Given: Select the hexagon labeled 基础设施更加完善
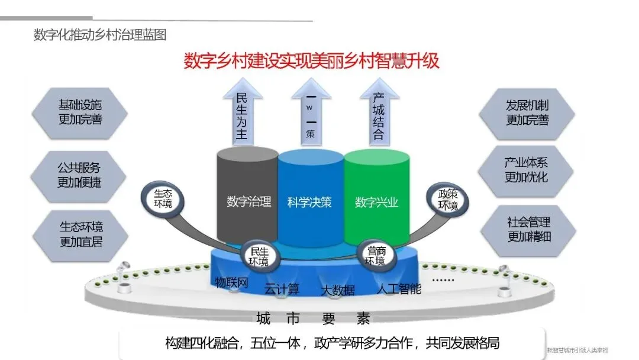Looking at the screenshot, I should [80, 112].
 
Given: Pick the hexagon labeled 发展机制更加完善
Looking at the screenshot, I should [527, 112].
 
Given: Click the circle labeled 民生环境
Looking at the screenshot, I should [258, 255].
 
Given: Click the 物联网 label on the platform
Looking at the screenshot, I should [231, 281].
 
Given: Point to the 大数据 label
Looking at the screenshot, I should [338, 290].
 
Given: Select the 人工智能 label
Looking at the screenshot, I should [399, 289].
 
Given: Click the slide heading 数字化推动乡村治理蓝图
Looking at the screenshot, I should [99, 35].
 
